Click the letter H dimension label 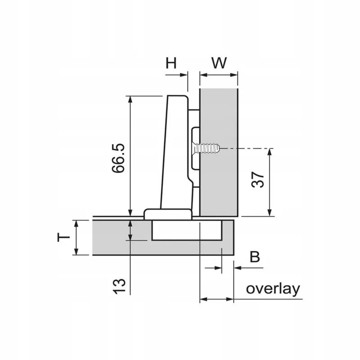pyautogui.click(x=171, y=63)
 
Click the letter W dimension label pyautogui.click(x=219, y=63)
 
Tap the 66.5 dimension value pyautogui.click(x=118, y=158)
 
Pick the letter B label pyautogui.click(x=255, y=257)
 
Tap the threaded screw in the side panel pyautogui.click(x=206, y=148)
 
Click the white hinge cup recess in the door pyautogui.click(x=186, y=230)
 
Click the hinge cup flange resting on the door pyautogui.click(x=167, y=214)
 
